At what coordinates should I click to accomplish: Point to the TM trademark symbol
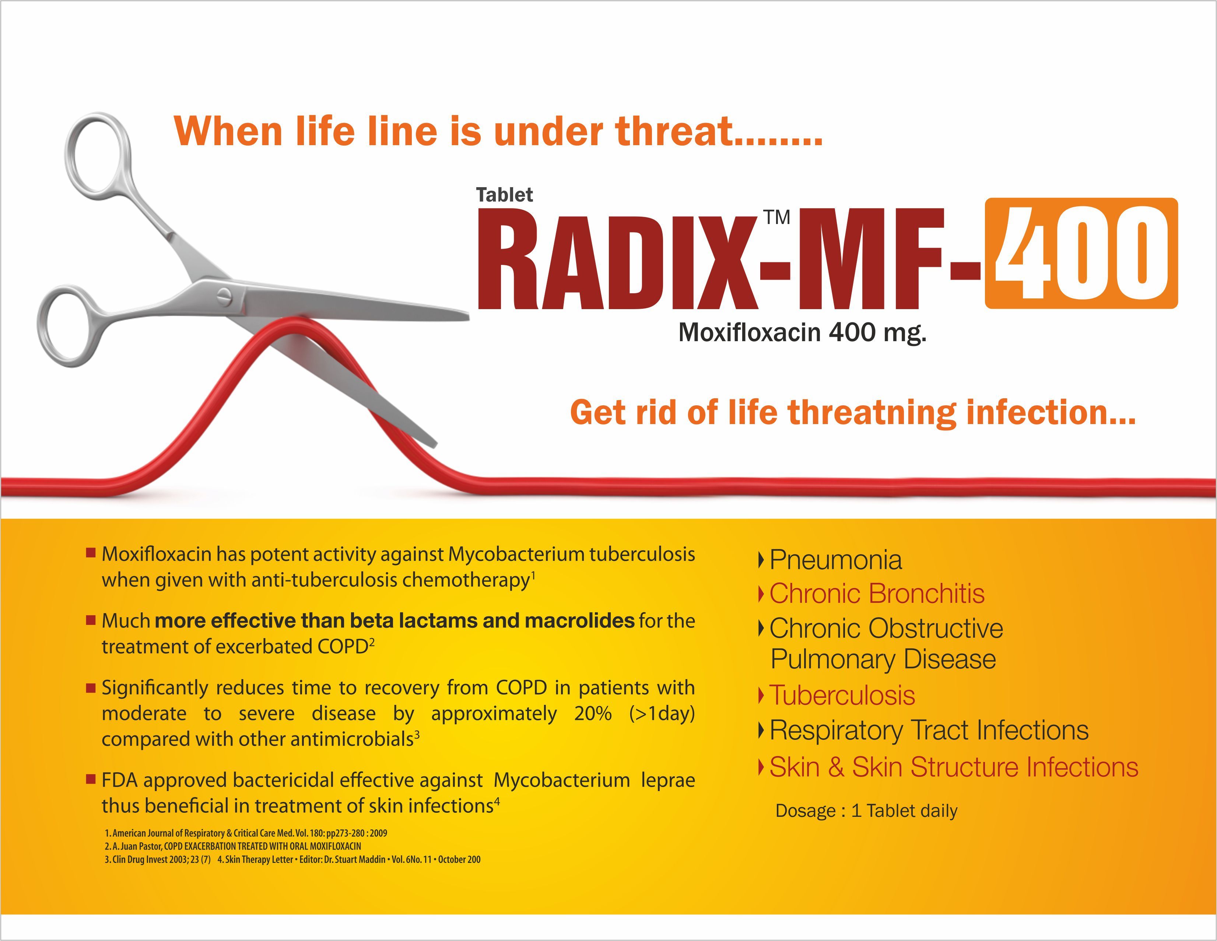(x=777, y=217)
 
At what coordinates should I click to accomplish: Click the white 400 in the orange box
(x=1081, y=253)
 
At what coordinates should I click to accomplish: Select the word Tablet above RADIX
(x=504, y=195)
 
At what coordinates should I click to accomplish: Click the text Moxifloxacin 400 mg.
(x=802, y=333)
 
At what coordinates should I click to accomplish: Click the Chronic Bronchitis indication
(x=877, y=594)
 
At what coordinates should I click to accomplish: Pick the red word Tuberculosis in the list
(x=842, y=696)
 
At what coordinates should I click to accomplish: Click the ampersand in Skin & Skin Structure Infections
(x=835, y=767)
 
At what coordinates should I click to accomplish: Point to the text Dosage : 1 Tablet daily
(x=866, y=811)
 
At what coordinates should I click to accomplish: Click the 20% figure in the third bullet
(x=593, y=714)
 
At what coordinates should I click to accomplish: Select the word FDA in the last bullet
(x=119, y=780)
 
